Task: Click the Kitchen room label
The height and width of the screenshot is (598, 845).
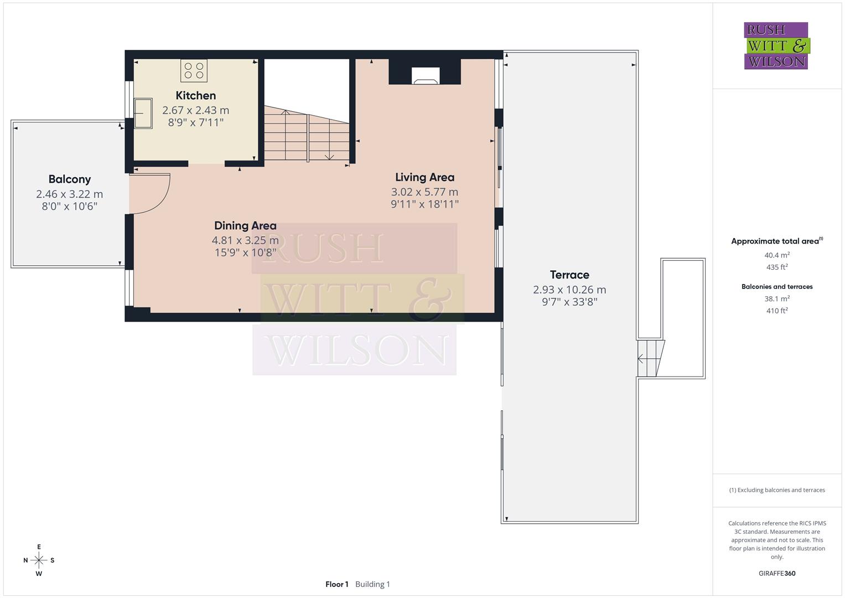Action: tap(195, 95)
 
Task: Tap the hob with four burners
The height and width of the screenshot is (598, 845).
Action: tap(194, 70)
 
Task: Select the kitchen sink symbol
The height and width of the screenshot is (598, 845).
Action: tap(143, 113)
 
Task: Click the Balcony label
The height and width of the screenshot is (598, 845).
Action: tap(69, 179)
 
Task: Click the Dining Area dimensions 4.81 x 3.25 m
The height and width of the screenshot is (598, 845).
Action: tap(245, 240)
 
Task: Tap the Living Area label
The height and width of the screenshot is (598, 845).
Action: tap(424, 177)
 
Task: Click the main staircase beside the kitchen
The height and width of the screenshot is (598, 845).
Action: tap(307, 136)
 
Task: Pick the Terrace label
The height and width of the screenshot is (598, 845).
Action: tap(569, 275)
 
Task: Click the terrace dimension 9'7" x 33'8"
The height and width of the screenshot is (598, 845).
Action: tap(569, 302)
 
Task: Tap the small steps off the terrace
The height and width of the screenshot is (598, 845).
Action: tap(650, 358)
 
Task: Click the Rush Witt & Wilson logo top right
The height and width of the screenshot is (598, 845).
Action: tap(776, 45)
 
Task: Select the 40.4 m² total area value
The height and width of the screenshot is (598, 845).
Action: tap(777, 255)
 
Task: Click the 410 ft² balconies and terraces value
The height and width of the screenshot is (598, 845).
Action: tap(777, 311)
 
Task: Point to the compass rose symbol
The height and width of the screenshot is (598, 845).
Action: tap(39, 560)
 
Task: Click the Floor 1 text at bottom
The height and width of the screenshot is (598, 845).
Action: tap(336, 584)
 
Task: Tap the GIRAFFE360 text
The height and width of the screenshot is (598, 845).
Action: tap(777, 573)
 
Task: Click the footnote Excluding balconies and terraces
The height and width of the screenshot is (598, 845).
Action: tap(777, 490)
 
